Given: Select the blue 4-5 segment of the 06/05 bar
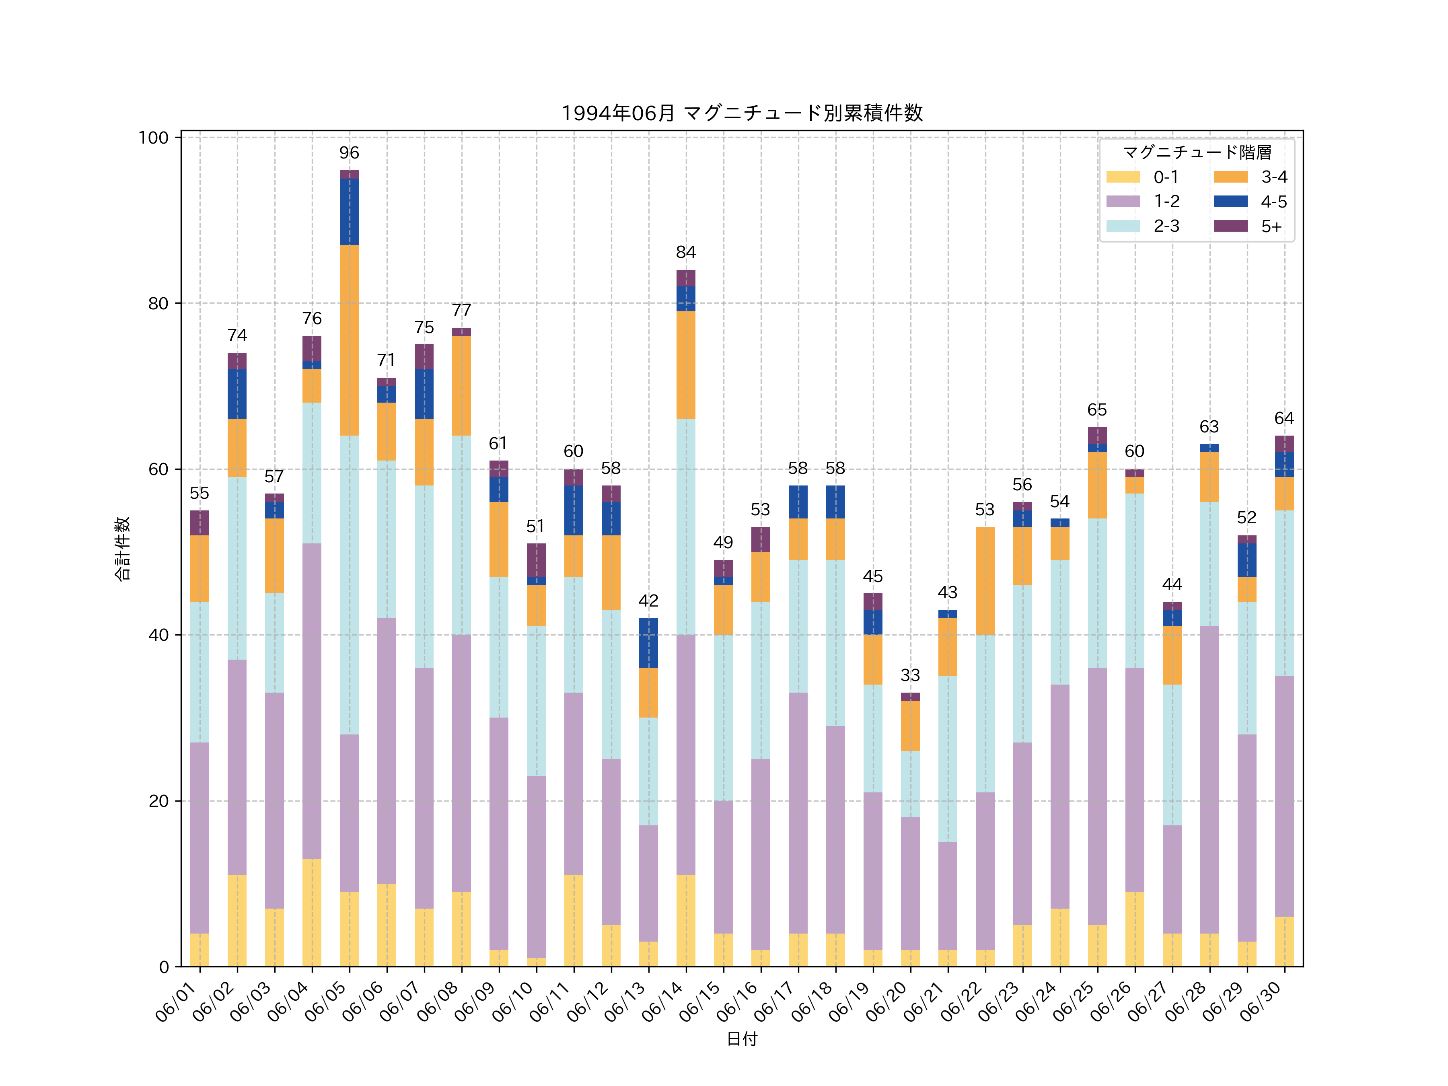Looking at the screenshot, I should [x=349, y=212].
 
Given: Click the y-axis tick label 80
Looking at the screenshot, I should [x=158, y=304].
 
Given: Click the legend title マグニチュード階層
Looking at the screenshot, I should [x=1197, y=152].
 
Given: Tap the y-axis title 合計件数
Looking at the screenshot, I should [x=122, y=549].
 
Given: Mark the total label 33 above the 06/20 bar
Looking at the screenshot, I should [x=910, y=675].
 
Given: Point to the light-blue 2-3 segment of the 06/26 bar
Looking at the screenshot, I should [x=1134, y=581].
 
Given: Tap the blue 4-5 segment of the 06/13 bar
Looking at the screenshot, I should [x=648, y=643].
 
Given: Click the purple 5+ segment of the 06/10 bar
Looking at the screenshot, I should [x=536, y=560].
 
